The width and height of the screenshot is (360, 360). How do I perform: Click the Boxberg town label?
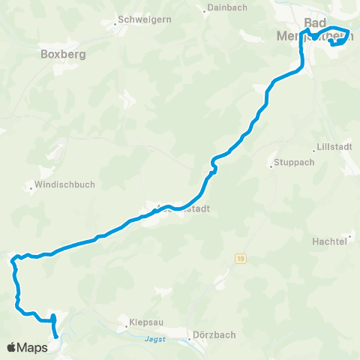(64, 55)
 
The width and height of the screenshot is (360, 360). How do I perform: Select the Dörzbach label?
(206, 336)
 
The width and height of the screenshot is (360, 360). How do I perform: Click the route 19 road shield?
(239, 259)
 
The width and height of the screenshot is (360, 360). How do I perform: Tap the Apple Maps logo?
(27, 347)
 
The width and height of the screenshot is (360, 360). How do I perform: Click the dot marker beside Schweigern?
(115, 24)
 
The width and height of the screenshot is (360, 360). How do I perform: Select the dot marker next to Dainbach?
(205, 10)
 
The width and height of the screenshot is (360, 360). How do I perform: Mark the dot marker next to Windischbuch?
(31, 188)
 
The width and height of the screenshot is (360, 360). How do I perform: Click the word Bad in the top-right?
(316, 22)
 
